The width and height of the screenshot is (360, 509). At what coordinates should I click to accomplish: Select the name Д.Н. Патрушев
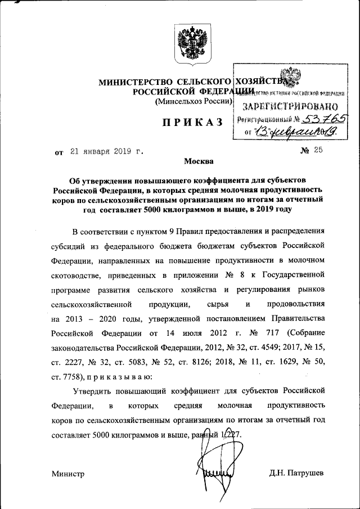coord(296,474)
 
